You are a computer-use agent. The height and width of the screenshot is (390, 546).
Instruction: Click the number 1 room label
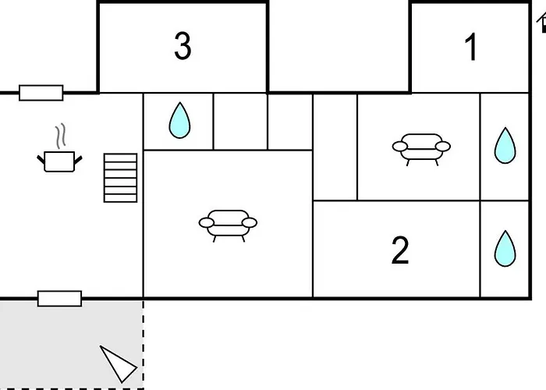click(471, 48)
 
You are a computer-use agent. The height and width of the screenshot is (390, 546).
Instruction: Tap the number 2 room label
click(399, 250)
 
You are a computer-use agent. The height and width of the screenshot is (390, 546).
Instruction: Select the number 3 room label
click(182, 47)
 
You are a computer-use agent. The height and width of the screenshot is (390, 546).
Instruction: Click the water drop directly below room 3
click(180, 120)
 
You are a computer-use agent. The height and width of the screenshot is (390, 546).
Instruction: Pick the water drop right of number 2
click(505, 249)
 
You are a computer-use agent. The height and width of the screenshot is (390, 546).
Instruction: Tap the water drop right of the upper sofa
click(505, 145)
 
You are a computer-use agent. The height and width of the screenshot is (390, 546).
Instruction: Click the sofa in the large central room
click(228, 223)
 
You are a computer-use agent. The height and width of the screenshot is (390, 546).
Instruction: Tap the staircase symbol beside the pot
click(120, 178)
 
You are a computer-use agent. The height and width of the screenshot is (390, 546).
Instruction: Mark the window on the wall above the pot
click(41, 93)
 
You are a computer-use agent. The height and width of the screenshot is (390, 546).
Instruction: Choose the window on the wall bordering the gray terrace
click(59, 298)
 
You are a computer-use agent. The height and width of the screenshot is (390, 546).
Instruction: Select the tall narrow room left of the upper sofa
click(335, 147)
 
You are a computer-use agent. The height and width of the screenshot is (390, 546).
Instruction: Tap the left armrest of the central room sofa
click(207, 223)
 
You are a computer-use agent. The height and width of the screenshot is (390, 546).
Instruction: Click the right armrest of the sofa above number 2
click(443, 146)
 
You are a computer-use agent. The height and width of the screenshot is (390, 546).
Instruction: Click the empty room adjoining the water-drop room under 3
click(240, 121)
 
